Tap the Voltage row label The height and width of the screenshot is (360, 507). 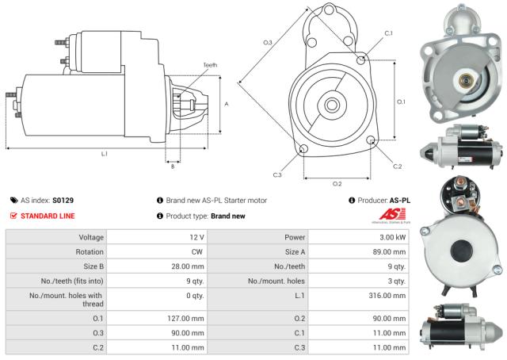click(82, 237)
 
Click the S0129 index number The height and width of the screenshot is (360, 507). click(63, 201)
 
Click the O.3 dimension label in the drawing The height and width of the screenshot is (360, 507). click(268, 41)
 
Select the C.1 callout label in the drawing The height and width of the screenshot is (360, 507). click(388, 33)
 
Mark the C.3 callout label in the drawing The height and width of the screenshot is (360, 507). click(277, 174)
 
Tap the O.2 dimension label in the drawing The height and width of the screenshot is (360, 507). click(337, 183)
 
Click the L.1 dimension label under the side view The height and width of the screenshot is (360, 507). click(105, 153)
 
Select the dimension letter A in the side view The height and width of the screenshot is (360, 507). click(227, 104)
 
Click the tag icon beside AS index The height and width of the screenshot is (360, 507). click(13, 201)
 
